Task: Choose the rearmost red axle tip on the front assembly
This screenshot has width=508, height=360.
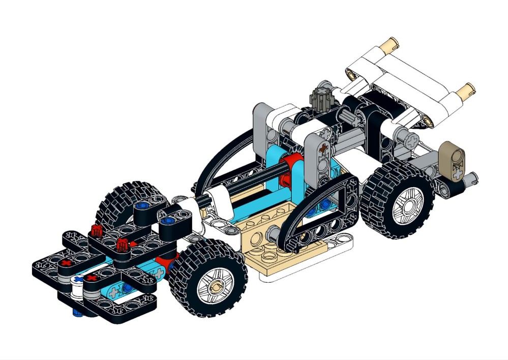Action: [x=96, y=230]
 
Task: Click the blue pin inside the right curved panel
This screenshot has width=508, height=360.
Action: [x=320, y=206]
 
